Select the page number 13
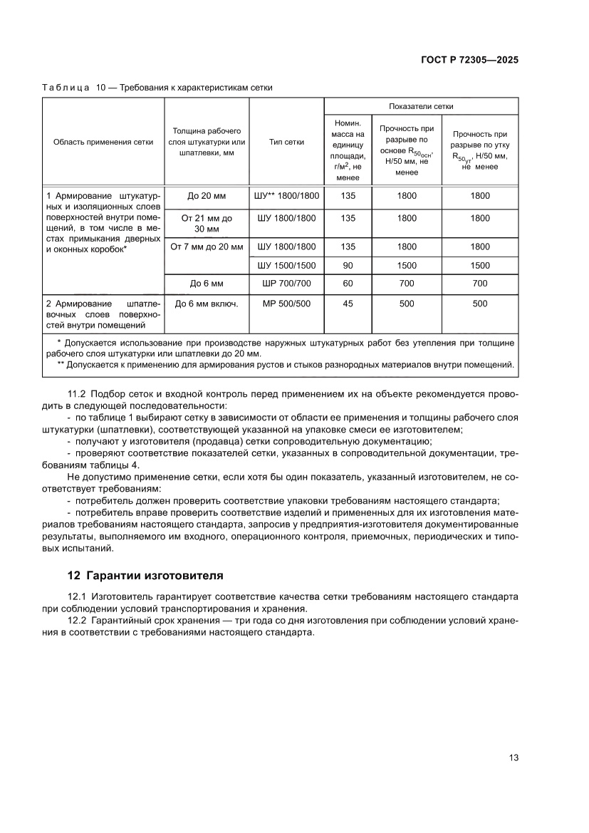[514, 757]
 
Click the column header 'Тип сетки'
[286, 142]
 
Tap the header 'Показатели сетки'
[421, 106]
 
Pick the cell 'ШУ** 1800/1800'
[286, 195]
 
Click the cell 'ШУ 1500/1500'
[286, 265]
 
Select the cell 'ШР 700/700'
[286, 284]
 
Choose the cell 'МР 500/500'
[286, 304]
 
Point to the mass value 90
[348, 265]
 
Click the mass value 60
[348, 284]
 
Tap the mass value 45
[348, 304]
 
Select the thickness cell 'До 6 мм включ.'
[207, 304]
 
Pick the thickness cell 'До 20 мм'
[207, 195]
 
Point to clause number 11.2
[76, 394]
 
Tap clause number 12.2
[76, 621]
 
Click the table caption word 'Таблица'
[66, 88]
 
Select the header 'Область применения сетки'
[103, 142]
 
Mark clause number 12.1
[76, 596]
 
